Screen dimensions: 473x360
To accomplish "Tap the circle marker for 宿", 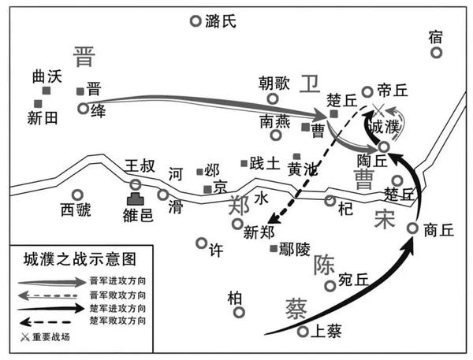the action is pyautogui.click(x=436, y=52).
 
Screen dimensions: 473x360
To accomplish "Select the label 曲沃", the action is pyautogui.click(x=47, y=77).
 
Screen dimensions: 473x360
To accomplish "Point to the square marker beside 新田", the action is pyautogui.click(x=37, y=103).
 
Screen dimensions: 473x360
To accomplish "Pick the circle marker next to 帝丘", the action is pyautogui.click(x=367, y=92).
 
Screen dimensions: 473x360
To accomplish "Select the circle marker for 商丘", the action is pyautogui.click(x=412, y=228).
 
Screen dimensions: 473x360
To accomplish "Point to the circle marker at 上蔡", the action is pyautogui.click(x=303, y=332).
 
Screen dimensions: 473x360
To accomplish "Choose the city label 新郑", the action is pyautogui.click(x=261, y=232).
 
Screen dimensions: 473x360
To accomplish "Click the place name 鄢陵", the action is pyautogui.click(x=297, y=250).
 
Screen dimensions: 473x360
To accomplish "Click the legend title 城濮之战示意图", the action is pyautogui.click(x=80, y=258).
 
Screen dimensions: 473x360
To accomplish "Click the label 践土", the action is pyautogui.click(x=264, y=164).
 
